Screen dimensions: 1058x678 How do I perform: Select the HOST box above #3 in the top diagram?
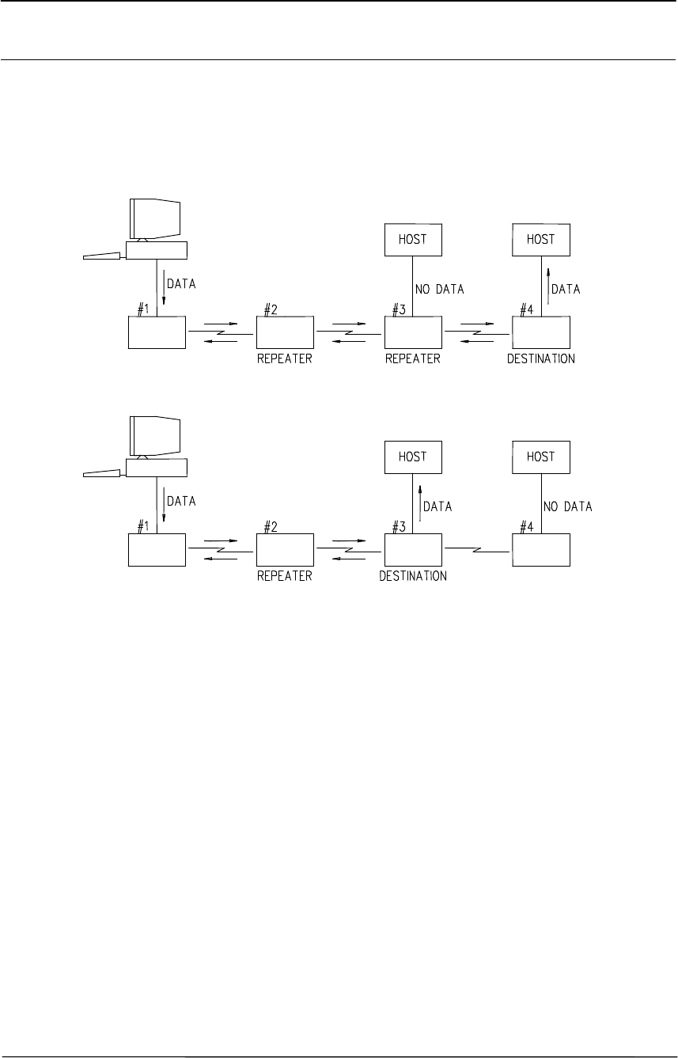click(412, 240)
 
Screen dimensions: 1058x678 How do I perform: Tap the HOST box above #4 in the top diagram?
click(540, 240)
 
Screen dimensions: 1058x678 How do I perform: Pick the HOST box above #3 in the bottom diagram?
click(412, 457)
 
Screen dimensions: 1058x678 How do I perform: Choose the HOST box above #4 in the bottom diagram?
click(540, 457)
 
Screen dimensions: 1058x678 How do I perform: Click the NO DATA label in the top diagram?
click(440, 290)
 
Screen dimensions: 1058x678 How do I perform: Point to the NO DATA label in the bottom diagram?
click(568, 506)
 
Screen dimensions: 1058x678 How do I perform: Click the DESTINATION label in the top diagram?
click(541, 358)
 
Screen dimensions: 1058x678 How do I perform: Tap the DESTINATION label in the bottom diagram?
click(413, 576)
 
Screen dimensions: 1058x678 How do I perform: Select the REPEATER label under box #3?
click(412, 358)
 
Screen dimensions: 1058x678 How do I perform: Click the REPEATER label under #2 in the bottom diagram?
click(285, 576)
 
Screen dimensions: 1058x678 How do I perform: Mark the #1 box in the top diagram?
click(157, 332)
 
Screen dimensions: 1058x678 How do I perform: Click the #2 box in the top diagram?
click(285, 332)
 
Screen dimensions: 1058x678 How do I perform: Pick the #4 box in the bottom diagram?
click(541, 549)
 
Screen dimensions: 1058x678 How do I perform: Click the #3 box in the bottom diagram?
click(413, 549)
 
